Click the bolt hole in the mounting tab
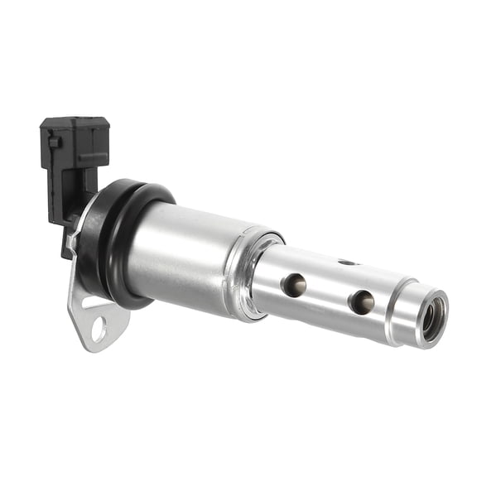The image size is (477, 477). (99, 329)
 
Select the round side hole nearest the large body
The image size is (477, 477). (293, 286)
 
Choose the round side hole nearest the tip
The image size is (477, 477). (361, 302)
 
